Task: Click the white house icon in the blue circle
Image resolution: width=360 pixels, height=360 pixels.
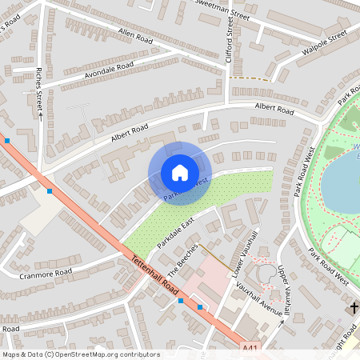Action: tap(180, 172)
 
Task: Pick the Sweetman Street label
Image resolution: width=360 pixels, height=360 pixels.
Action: tap(223, 9)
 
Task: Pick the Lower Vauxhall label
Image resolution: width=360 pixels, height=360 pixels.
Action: tap(244, 255)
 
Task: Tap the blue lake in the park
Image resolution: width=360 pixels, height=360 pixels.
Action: tap(340, 180)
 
